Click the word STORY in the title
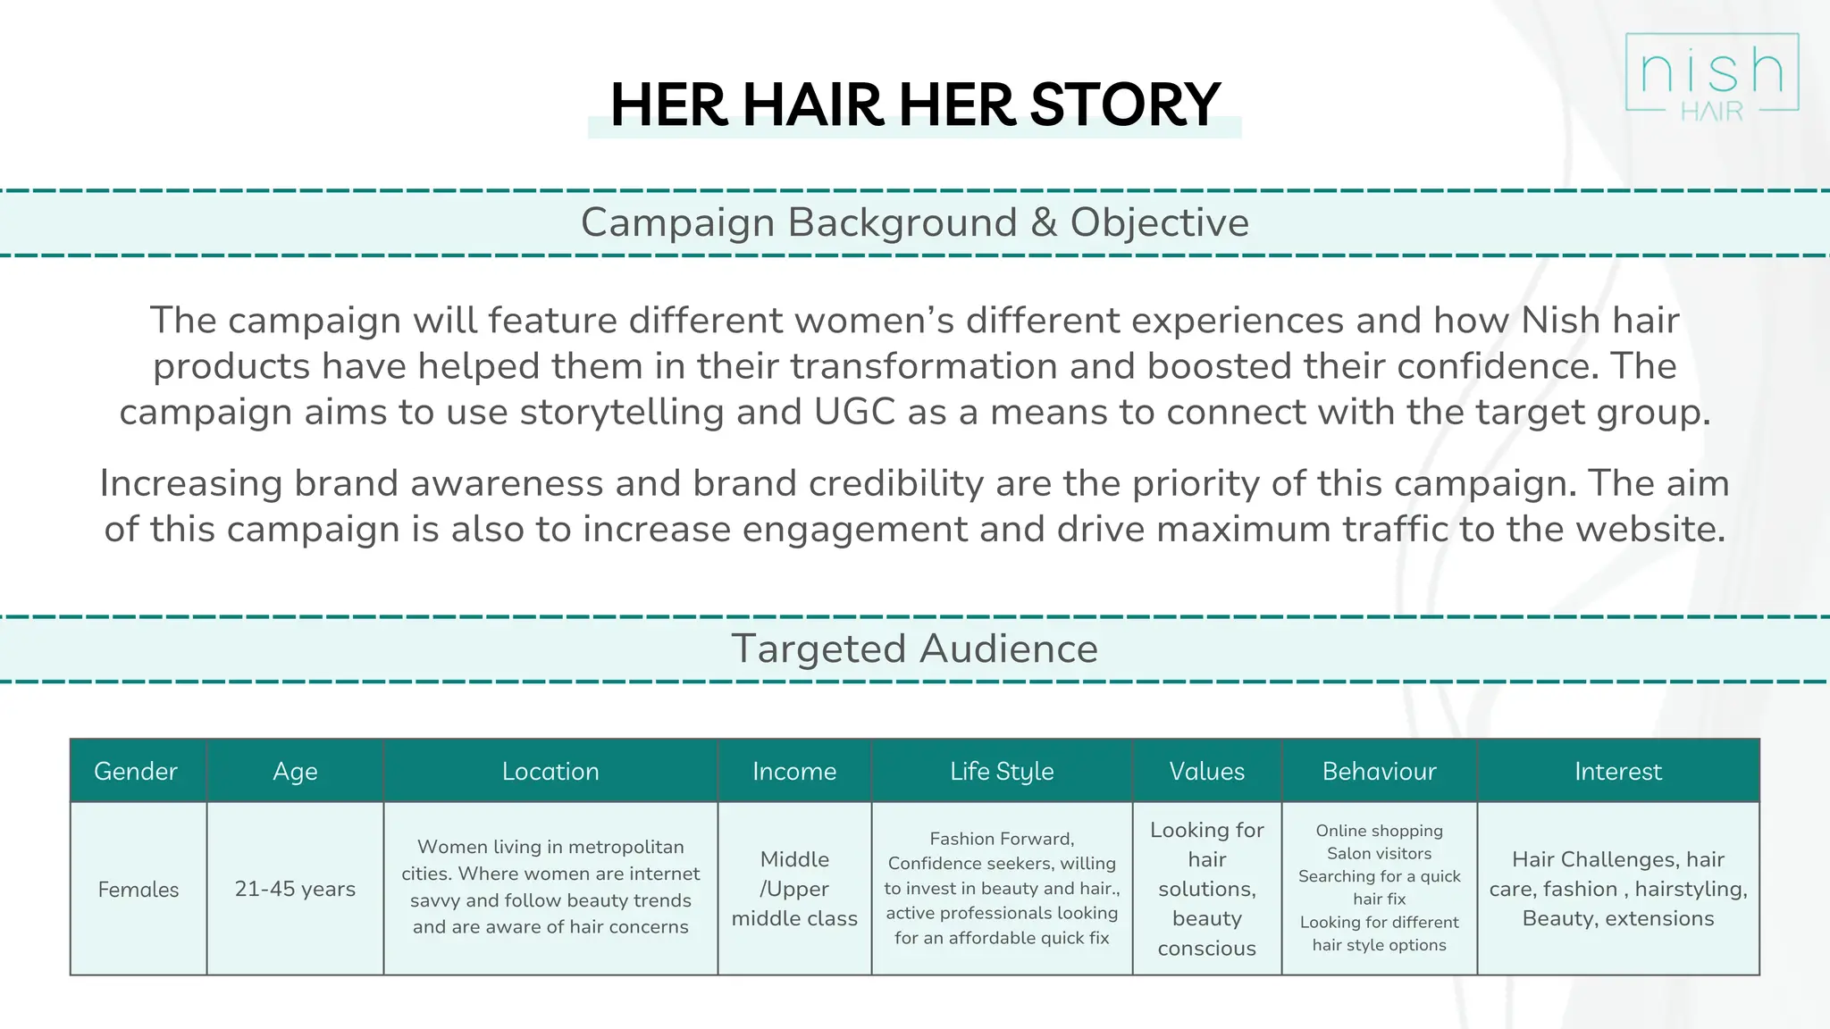click(1125, 105)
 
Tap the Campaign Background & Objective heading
click(915, 222)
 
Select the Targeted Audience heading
click(915, 648)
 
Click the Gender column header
click(136, 771)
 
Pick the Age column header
click(295, 771)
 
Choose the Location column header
click(550, 771)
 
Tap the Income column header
click(794, 771)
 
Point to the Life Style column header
click(1002, 771)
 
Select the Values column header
click(1206, 771)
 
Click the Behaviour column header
click(1379, 771)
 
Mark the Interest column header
click(1617, 771)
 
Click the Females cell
click(139, 889)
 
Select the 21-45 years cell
click(295, 889)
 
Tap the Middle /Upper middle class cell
click(794, 889)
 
